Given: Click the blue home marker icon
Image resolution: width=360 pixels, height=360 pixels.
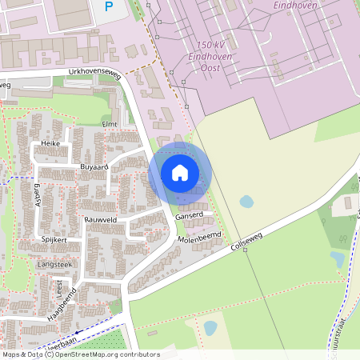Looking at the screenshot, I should pos(180,173).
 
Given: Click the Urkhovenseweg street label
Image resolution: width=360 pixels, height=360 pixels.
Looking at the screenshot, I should pos(94,73).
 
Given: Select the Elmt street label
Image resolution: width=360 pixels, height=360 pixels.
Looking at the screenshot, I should pos(110,124).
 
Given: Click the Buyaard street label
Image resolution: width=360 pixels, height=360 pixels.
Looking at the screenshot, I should pos(94,166).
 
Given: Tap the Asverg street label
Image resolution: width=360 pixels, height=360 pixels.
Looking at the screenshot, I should pos(36,190).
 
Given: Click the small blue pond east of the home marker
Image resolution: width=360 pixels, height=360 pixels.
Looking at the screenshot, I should pos(246,202).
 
